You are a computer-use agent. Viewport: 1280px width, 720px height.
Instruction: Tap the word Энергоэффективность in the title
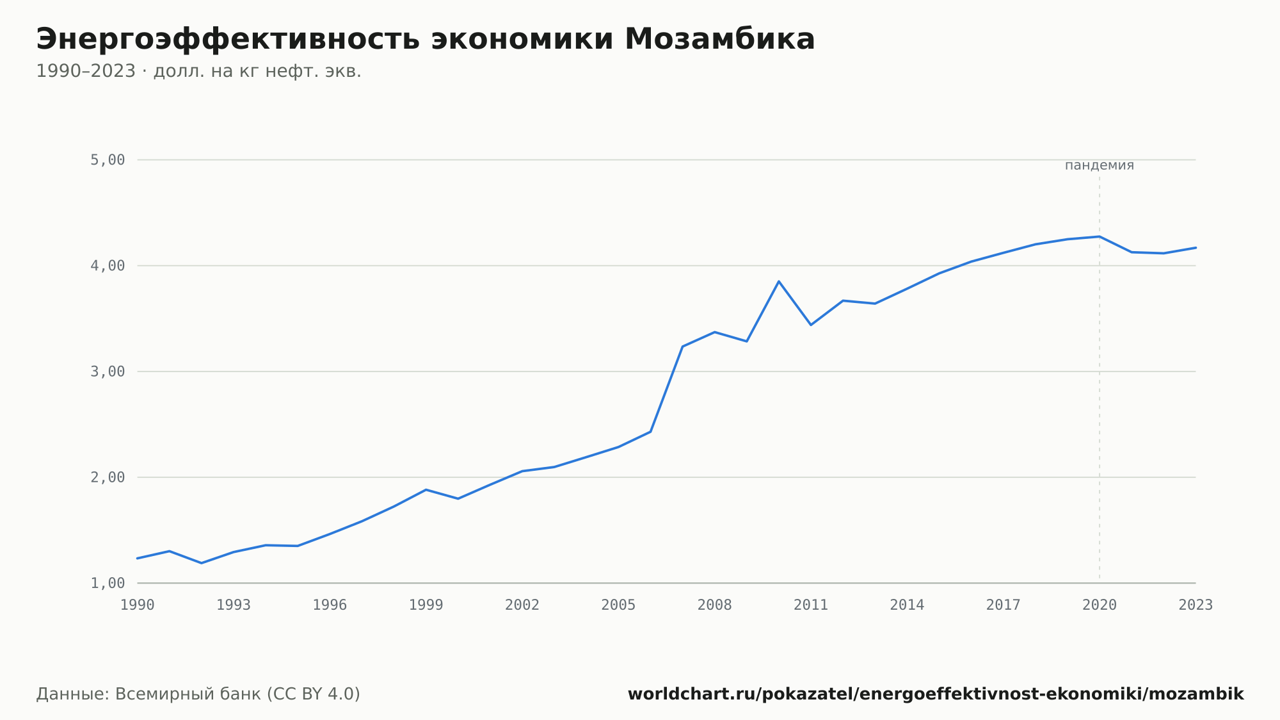click(228, 40)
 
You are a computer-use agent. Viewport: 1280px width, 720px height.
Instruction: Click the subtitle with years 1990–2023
click(198, 71)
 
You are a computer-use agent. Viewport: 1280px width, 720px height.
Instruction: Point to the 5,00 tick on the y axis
click(108, 160)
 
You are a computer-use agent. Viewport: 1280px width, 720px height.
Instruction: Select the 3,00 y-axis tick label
click(108, 372)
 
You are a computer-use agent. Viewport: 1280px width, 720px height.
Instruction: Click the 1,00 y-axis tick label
click(108, 583)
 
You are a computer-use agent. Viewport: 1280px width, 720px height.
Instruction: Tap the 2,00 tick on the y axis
click(108, 477)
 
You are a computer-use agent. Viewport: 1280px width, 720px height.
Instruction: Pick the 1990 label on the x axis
click(138, 605)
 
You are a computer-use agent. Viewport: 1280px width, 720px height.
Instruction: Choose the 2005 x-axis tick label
click(618, 605)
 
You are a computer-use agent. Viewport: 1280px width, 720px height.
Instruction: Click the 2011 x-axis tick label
click(811, 605)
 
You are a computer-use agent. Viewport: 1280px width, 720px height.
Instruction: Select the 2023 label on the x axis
click(1196, 605)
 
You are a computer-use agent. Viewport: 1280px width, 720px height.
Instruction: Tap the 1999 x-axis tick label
click(426, 605)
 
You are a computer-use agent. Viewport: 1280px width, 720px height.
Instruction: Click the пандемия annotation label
click(1100, 165)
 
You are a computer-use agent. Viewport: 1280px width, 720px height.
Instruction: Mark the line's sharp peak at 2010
click(779, 281)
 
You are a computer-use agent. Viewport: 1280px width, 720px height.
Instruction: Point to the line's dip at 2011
click(811, 325)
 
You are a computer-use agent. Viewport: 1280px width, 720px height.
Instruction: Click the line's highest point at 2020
click(1100, 236)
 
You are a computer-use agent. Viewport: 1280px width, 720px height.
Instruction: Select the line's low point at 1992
click(202, 563)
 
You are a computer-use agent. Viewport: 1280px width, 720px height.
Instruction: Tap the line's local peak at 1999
click(426, 489)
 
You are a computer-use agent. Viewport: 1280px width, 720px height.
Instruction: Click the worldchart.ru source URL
click(936, 694)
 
